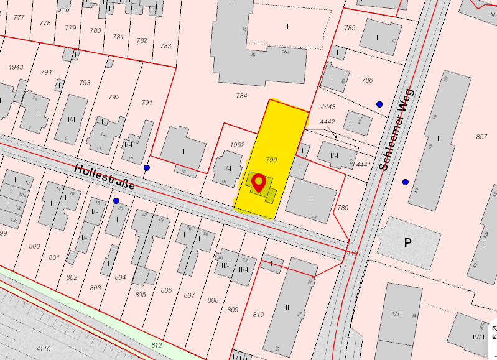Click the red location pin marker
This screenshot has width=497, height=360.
[259, 183]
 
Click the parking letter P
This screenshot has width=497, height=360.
[408, 242]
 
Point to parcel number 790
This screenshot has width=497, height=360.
[271, 160]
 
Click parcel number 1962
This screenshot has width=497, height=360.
[237, 145]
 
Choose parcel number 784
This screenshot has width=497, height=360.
[242, 96]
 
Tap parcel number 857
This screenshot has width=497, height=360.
[481, 136]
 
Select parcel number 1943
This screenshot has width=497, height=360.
[16, 67]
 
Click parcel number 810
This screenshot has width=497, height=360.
[258, 314]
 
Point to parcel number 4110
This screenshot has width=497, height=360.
[43, 349]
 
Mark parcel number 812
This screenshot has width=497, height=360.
[156, 344]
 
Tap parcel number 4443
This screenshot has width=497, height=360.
[327, 108]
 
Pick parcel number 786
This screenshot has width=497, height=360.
[367, 80]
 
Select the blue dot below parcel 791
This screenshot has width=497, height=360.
[147, 168]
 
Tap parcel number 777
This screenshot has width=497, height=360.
[19, 17]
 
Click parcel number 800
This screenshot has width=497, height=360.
[34, 246]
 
